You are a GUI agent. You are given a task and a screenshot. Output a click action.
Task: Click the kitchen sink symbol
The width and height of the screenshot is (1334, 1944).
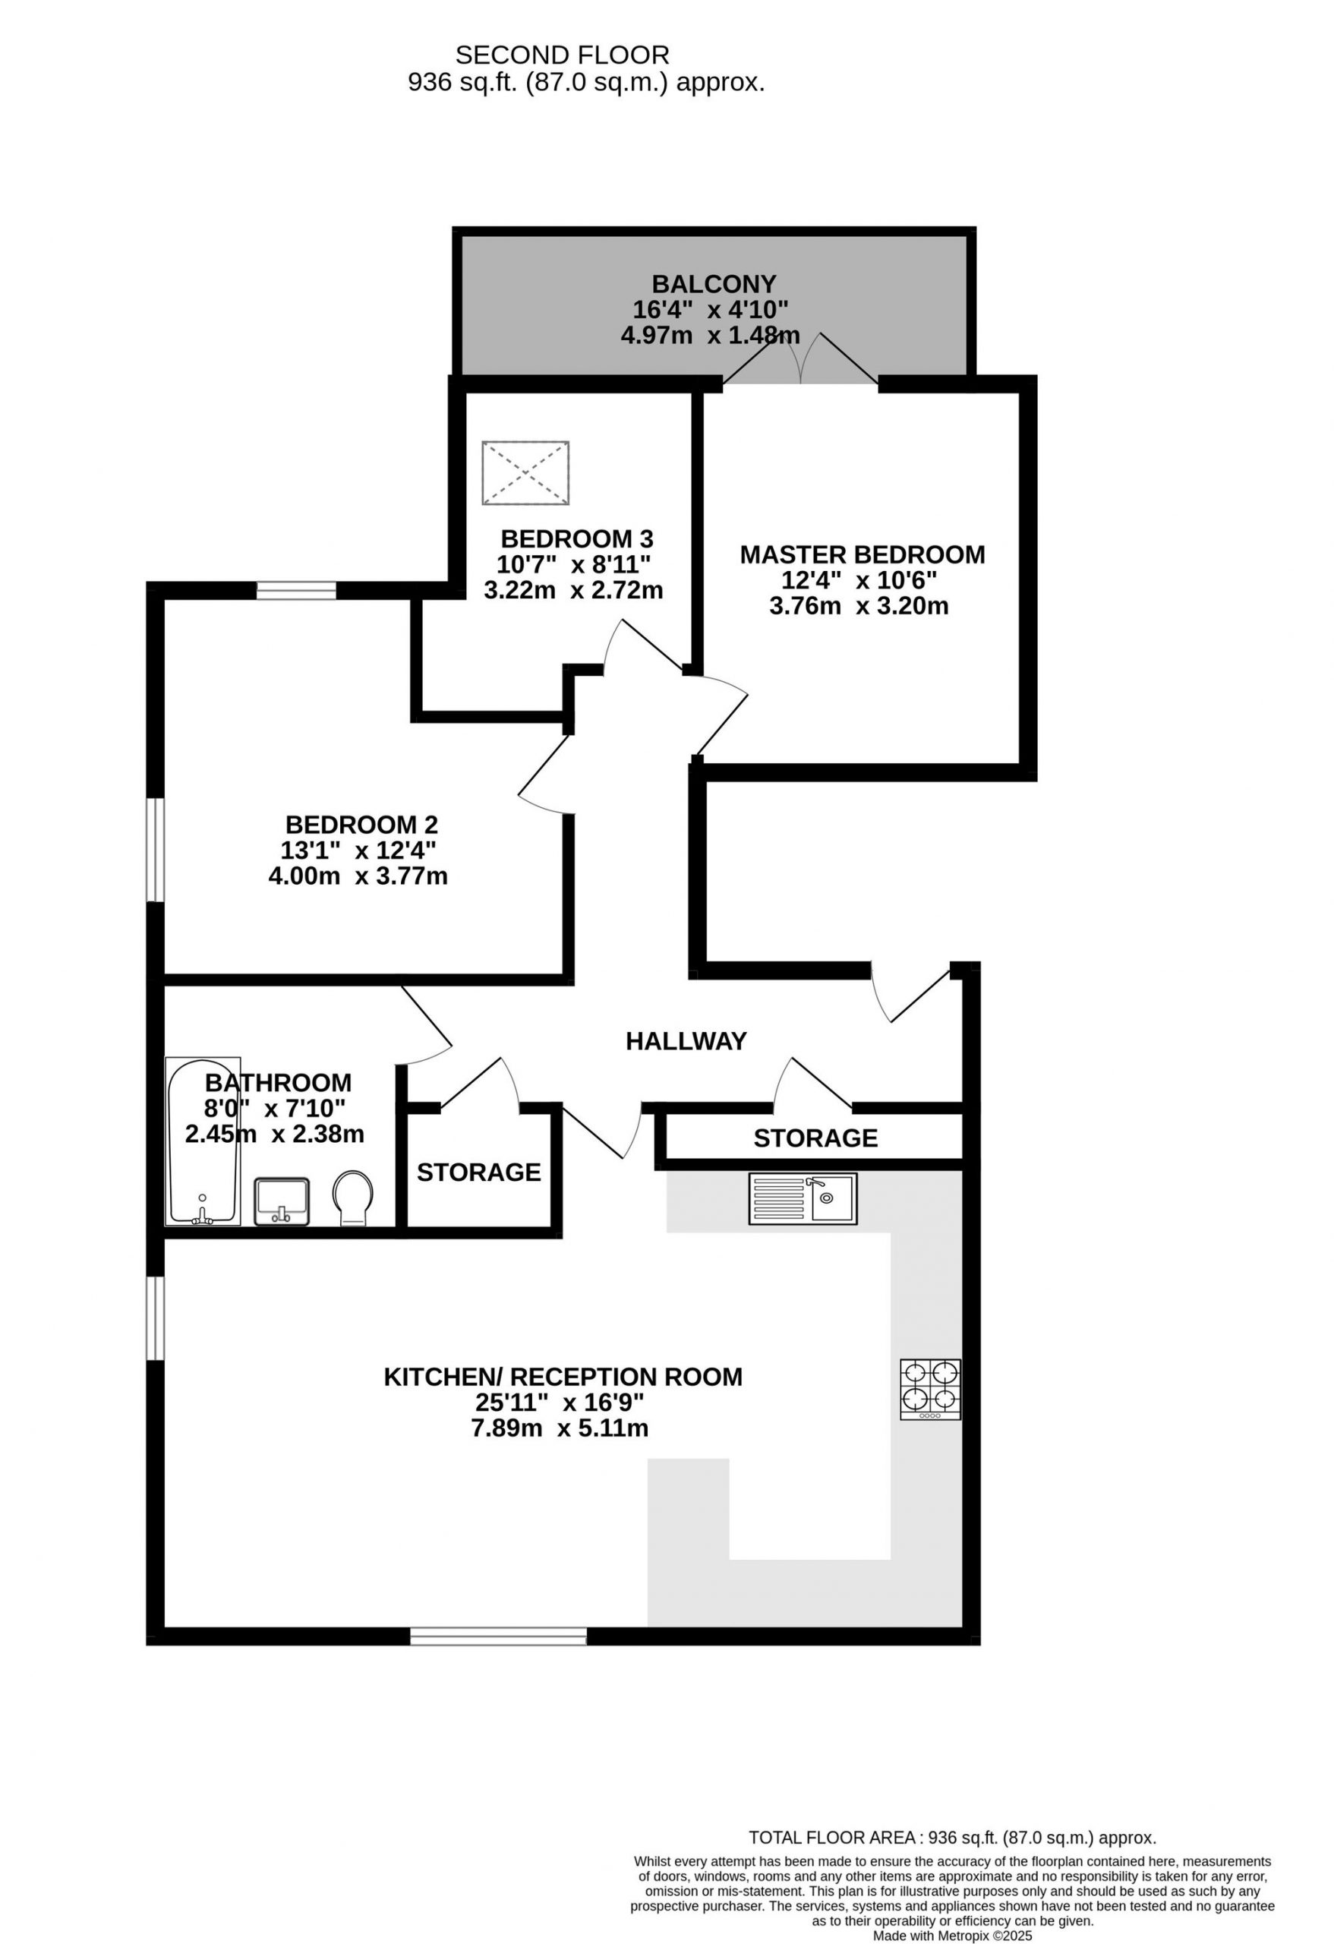tap(802, 1199)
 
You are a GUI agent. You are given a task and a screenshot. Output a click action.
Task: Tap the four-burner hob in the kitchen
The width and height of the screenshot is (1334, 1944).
tap(930, 1390)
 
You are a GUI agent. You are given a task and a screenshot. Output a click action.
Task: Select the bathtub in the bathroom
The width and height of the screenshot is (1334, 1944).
tap(203, 1142)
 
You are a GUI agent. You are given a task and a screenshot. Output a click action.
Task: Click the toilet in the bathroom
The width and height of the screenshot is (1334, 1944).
tap(353, 1198)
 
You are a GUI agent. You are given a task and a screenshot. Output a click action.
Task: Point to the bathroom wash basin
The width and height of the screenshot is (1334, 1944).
tap(282, 1202)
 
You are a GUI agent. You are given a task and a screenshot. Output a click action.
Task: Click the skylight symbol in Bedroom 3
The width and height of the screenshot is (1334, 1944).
tap(525, 472)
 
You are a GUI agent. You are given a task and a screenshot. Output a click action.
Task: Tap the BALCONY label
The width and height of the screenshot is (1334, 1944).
tap(714, 283)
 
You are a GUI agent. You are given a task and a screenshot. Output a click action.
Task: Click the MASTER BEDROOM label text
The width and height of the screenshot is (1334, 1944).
tap(863, 554)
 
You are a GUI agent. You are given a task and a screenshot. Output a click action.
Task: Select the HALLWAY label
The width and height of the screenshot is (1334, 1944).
tap(686, 1041)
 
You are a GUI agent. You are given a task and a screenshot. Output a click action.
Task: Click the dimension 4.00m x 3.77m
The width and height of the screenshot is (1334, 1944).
tap(358, 876)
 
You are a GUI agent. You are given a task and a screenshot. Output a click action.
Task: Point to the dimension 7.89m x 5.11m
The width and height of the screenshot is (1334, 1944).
tap(560, 1428)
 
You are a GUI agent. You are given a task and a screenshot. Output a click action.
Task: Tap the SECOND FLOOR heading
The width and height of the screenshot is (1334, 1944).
tap(562, 55)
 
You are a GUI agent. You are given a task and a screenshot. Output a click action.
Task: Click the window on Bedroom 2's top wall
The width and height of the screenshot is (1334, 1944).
tap(296, 592)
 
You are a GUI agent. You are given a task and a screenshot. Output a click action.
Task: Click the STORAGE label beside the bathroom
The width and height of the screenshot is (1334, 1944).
tap(478, 1172)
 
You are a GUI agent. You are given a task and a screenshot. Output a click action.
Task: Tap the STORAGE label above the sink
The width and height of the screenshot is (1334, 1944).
tap(815, 1138)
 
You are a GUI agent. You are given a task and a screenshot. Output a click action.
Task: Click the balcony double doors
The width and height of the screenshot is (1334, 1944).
tap(800, 361)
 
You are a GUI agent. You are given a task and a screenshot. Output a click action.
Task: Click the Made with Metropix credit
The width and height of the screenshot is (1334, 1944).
tap(953, 1936)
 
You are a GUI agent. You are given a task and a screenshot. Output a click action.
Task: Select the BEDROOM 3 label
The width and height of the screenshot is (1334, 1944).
tap(577, 538)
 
